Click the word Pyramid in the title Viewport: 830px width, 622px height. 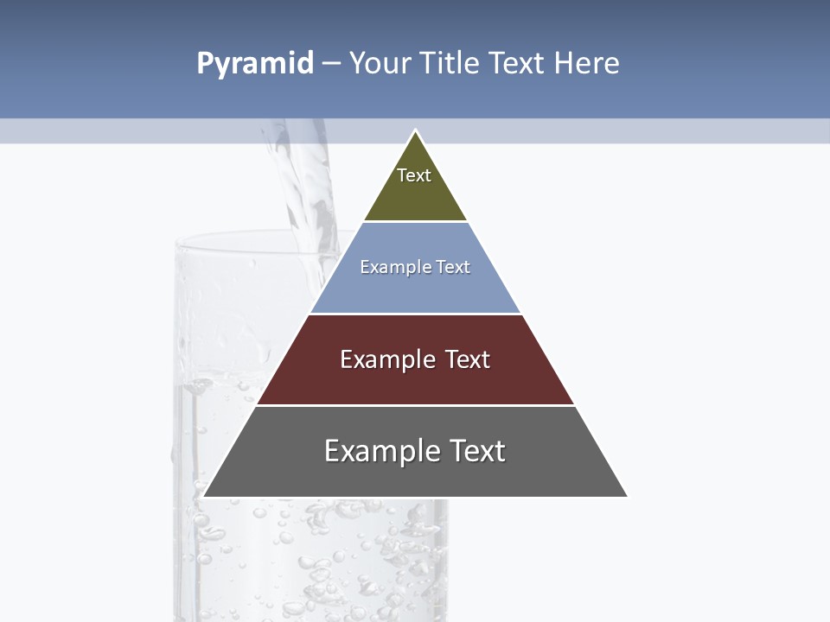[254, 64]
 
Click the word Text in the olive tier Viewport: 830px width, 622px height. [414, 175]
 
